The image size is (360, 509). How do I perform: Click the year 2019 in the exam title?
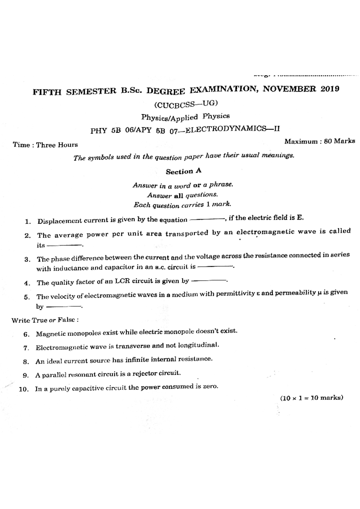[330, 88]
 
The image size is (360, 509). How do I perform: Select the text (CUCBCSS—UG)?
[186, 104]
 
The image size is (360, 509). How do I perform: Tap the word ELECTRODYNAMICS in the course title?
[226, 129]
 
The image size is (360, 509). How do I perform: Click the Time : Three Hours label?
[45, 145]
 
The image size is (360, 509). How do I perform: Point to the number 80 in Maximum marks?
[328, 141]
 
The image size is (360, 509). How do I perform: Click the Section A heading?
[184, 171]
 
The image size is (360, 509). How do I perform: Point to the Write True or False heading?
[45, 320]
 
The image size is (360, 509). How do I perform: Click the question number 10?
[23, 389]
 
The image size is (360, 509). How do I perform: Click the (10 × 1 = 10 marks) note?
[311, 398]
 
